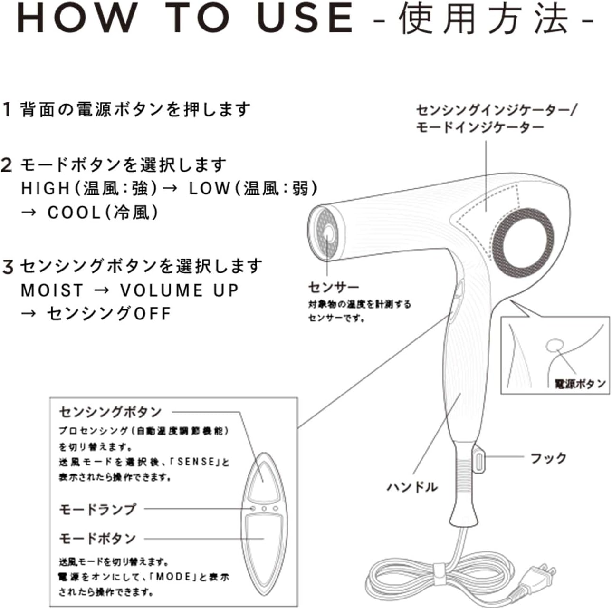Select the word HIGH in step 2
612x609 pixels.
click(45, 188)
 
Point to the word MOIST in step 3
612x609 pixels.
click(52, 290)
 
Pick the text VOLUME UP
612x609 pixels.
click(179, 290)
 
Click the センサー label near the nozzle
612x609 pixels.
click(334, 287)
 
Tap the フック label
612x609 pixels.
click(548, 458)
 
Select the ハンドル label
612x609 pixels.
click(411, 487)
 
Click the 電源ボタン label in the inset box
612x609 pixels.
click(580, 383)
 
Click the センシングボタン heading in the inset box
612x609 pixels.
click(110, 412)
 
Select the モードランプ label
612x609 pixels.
click(97, 509)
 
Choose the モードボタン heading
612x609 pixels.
click(97, 539)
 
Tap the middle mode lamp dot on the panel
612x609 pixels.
click(264, 509)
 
